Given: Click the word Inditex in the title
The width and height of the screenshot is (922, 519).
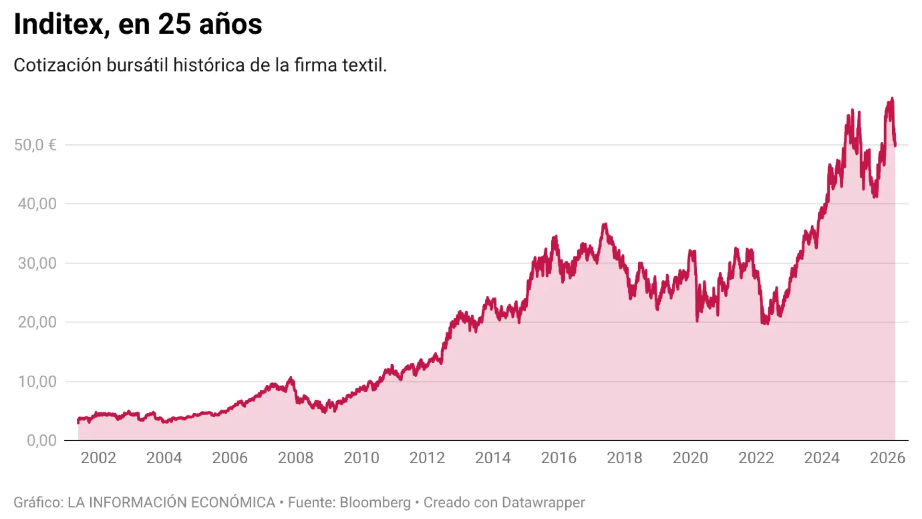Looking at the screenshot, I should [x=59, y=24].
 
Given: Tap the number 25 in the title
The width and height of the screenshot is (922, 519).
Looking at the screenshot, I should [x=174, y=24].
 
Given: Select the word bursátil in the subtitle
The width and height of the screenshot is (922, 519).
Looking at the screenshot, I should [x=137, y=65].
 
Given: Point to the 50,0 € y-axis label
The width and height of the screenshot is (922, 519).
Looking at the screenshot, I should [x=35, y=145].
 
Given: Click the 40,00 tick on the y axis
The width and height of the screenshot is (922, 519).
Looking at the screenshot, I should [x=37, y=204].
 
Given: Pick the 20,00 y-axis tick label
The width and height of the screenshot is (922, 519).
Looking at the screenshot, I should [x=37, y=322].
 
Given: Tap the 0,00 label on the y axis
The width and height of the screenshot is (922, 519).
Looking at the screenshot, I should [x=41, y=440].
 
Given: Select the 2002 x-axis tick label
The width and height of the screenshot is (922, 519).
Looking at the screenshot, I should [x=98, y=457].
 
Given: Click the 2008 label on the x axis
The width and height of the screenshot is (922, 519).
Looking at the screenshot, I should [x=295, y=457].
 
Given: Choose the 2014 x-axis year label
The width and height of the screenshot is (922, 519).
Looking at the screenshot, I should [x=493, y=457].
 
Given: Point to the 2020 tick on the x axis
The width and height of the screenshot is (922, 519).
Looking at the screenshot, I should [x=690, y=457].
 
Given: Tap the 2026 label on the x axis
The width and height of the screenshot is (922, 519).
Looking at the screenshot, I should [x=887, y=457].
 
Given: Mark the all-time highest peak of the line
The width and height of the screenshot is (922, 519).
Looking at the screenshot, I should [x=892, y=99].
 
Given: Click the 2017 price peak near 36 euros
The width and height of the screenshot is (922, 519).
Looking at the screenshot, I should [x=605, y=224].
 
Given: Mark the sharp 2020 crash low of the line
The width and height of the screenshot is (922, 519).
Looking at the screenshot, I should [x=697, y=321].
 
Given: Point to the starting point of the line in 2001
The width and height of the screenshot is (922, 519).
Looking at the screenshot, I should [x=78, y=421].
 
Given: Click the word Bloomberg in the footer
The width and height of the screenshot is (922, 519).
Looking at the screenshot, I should [x=375, y=502].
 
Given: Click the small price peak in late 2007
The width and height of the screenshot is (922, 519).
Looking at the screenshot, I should [x=290, y=379].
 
